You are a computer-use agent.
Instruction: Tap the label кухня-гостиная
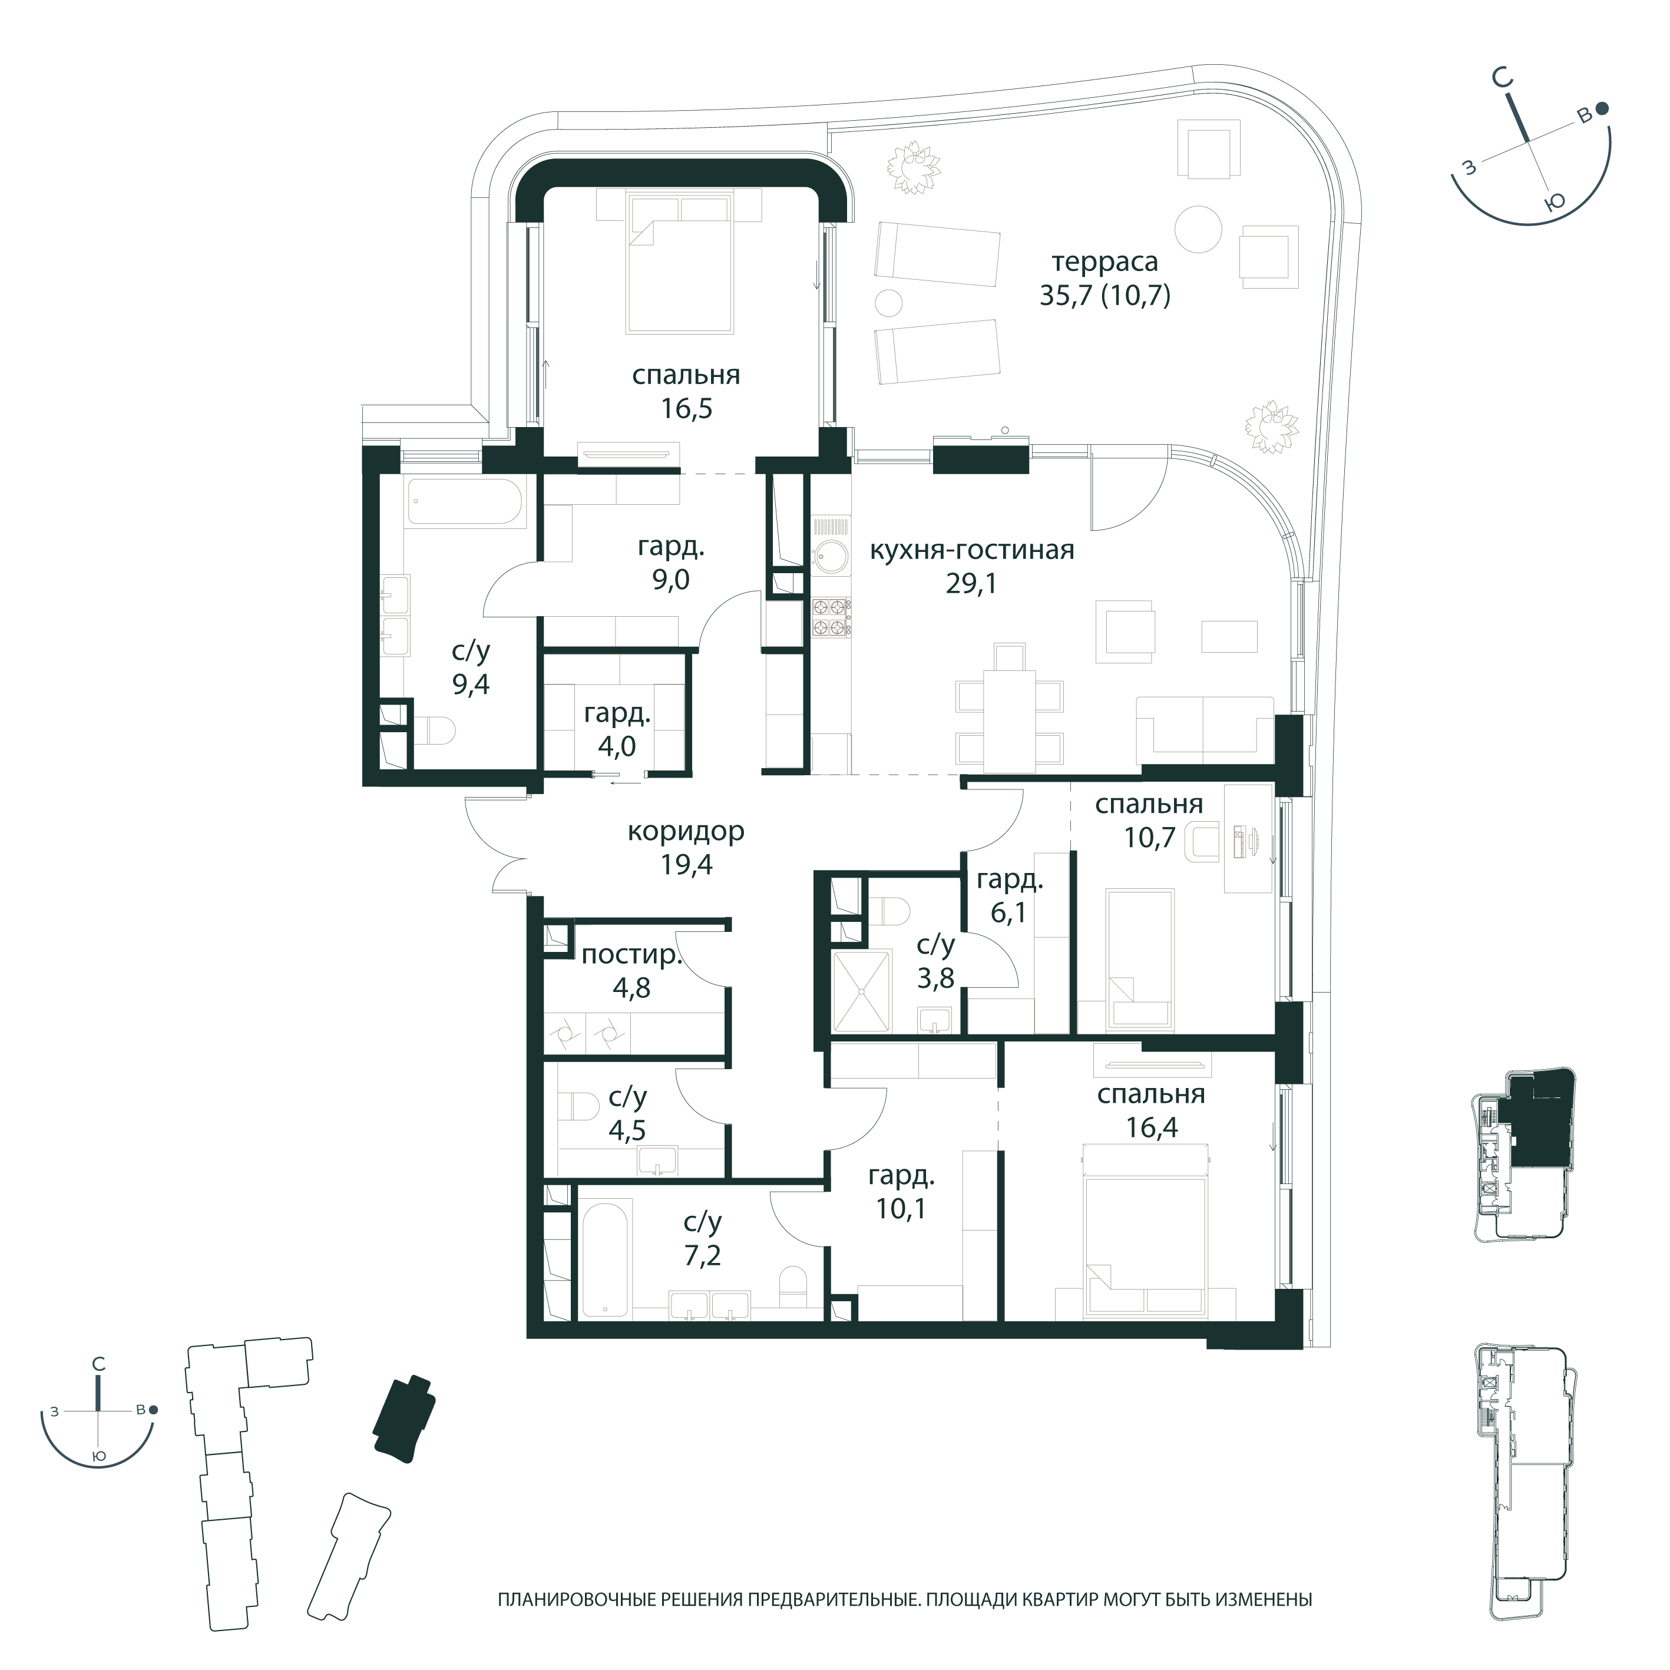click(x=971, y=551)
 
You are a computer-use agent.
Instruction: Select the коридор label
click(x=686, y=832)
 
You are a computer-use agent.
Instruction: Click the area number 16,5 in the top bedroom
click(x=686, y=408)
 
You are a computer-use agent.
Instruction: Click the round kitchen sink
click(x=831, y=557)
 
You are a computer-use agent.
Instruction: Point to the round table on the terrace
click(x=1199, y=229)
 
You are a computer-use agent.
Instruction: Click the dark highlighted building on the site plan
click(x=404, y=1419)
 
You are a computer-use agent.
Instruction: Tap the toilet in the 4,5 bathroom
click(x=580, y=1108)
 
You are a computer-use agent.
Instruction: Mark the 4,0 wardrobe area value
click(x=617, y=746)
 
